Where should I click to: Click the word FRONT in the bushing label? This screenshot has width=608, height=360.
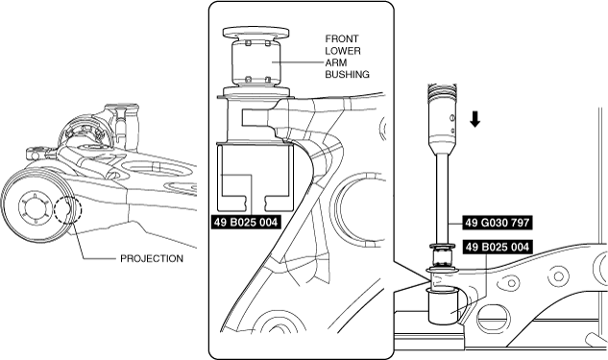pos(342,38)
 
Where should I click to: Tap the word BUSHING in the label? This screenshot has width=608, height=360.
pos(347,75)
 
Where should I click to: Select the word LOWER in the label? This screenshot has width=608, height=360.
pos(343,51)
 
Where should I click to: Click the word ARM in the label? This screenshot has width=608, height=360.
pos(335,62)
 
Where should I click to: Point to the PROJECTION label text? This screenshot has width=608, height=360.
pos(152,258)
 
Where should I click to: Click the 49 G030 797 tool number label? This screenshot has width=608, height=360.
pos(498,223)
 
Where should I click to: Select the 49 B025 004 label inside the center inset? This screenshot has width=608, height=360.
pos(246,222)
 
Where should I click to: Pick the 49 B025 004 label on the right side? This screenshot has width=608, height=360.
pos(498,247)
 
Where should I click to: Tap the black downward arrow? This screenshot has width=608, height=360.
pos(475,119)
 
